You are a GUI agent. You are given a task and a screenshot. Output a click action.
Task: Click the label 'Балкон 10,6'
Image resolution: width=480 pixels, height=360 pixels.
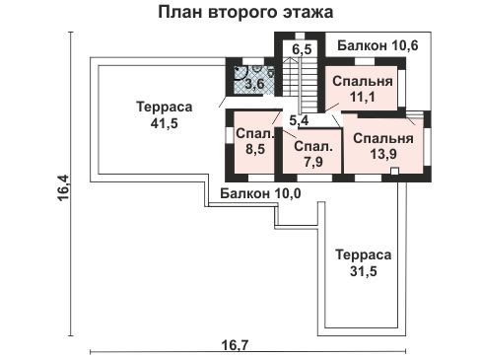(x=377, y=45)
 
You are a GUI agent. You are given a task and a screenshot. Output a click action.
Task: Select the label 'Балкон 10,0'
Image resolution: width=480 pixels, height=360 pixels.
(x=259, y=193)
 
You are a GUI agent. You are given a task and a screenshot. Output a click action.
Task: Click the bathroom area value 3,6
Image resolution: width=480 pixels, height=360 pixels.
(x=253, y=84)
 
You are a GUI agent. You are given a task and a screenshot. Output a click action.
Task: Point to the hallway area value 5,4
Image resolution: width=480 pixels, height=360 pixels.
(x=298, y=120)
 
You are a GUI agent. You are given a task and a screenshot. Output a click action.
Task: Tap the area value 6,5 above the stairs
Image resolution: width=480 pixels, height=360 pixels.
(x=302, y=48)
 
